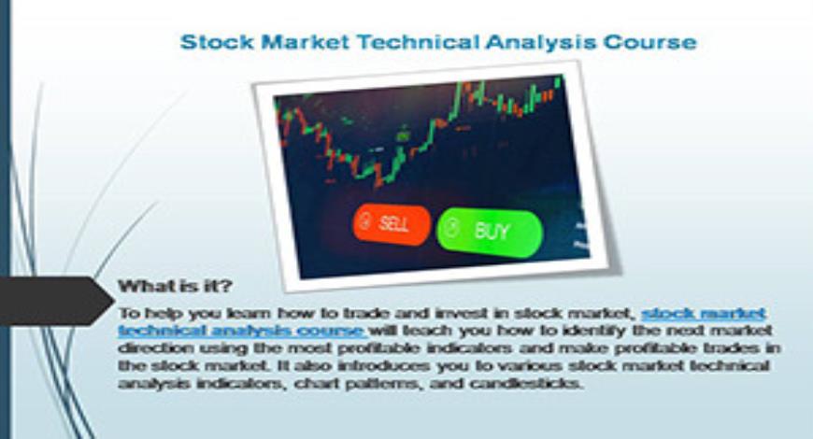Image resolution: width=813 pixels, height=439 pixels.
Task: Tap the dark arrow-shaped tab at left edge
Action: click(x=51, y=301)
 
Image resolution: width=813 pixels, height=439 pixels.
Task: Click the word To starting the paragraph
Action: click(x=129, y=312)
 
